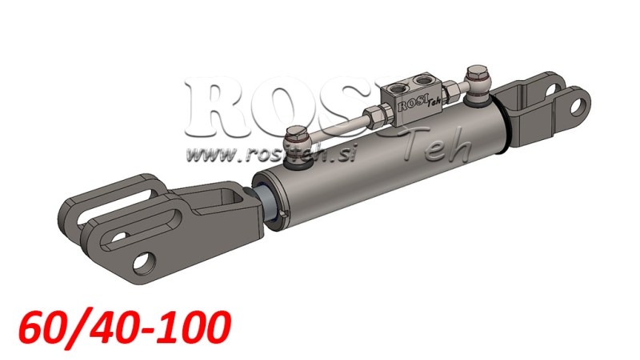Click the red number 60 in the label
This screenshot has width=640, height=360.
[42, 326]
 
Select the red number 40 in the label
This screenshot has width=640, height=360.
[112, 326]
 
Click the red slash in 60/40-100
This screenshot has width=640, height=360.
[75, 326]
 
